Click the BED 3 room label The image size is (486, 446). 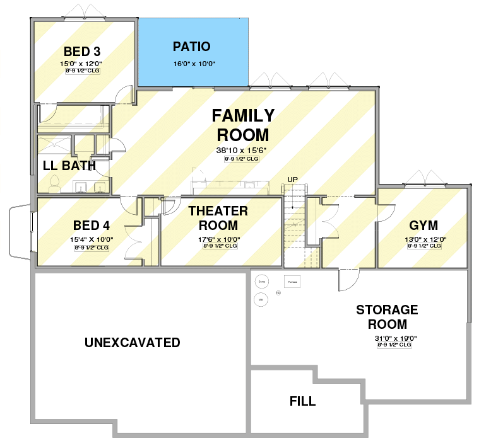tap(81, 51)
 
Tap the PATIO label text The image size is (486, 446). tap(191, 47)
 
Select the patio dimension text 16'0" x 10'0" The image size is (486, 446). tap(191, 63)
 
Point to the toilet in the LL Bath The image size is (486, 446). tap(54, 183)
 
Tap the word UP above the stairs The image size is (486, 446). tap(292, 180)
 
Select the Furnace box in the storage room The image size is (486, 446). tap(292, 282)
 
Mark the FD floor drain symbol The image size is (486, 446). tap(278, 292)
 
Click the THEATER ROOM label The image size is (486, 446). tap(218, 218)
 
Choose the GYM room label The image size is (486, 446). tap(423, 226)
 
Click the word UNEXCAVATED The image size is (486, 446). tap(133, 343)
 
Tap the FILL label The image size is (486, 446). tap(302, 401)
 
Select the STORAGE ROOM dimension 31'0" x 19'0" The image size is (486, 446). tap(394, 338)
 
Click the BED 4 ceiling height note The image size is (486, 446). tap(91, 248)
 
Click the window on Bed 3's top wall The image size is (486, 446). tap(81, 14)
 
